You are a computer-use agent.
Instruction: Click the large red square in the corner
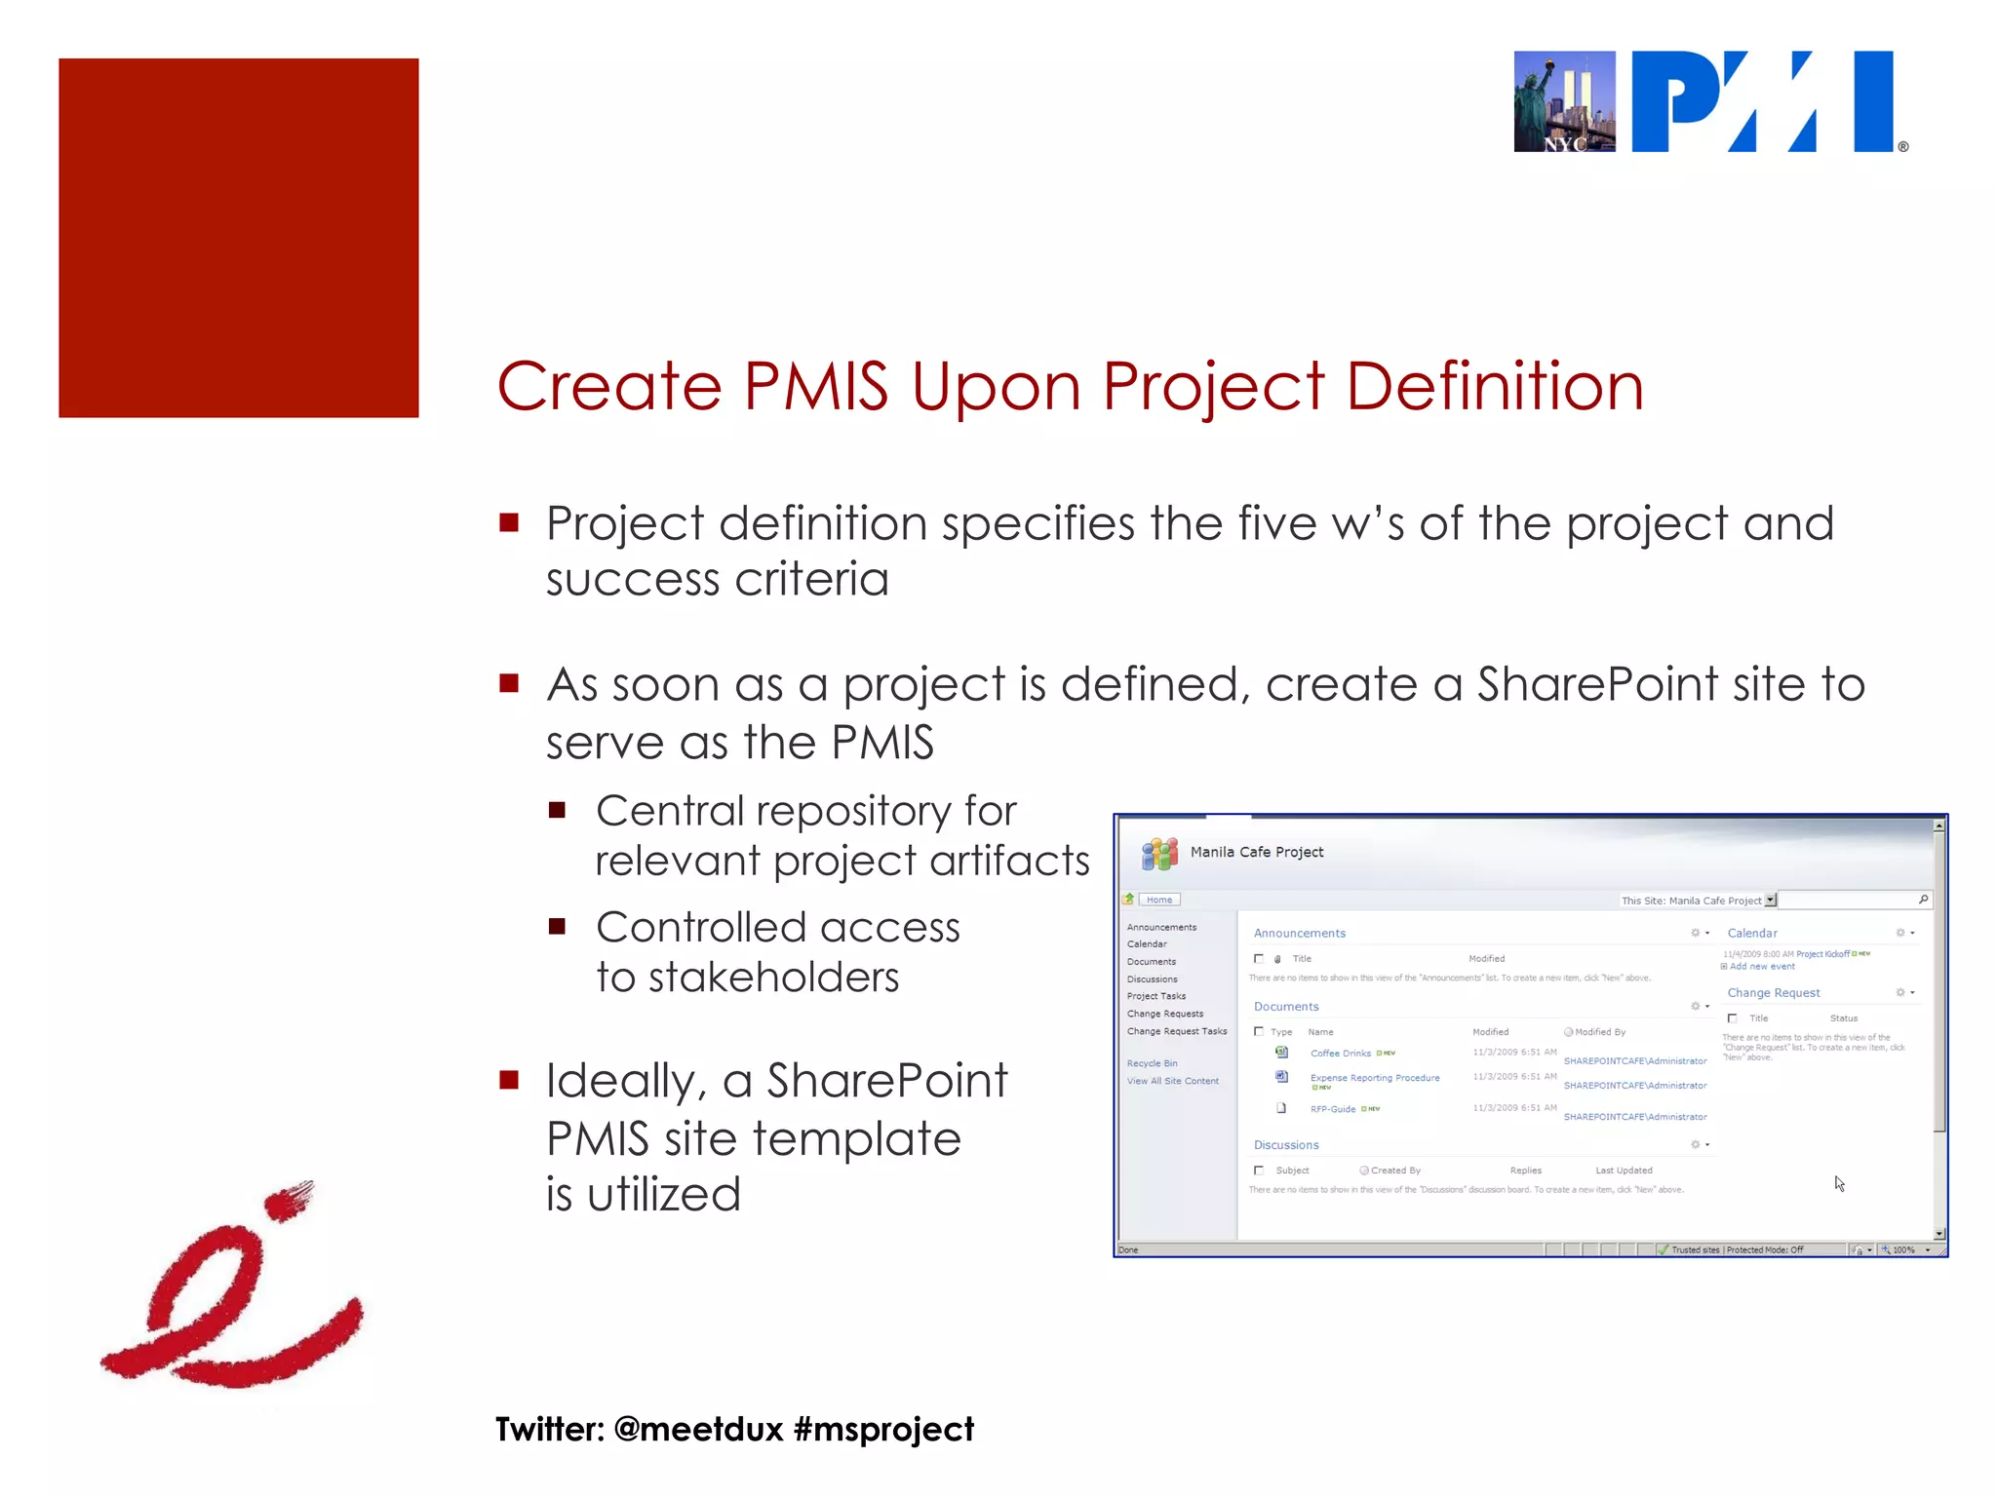(238, 238)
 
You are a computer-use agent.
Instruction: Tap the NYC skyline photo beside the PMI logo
(1563, 101)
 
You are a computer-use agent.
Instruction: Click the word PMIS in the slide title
(815, 386)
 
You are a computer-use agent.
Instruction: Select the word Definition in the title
(1494, 386)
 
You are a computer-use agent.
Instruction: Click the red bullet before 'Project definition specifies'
(508, 522)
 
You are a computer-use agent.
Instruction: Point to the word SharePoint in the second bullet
(1597, 683)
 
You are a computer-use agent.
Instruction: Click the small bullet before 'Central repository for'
(557, 810)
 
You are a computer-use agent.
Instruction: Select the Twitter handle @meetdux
(698, 1429)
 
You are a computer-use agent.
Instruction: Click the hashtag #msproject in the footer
(883, 1429)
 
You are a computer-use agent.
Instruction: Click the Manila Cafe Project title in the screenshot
(1256, 852)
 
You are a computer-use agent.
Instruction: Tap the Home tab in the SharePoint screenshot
(1158, 900)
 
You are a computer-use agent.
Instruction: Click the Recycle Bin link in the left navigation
(1152, 1063)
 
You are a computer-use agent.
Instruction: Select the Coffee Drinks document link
(1340, 1054)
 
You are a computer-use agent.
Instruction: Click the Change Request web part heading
(1773, 992)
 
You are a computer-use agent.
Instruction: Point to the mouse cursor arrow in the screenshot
(1838, 1182)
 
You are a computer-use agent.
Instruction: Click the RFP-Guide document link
(1332, 1109)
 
